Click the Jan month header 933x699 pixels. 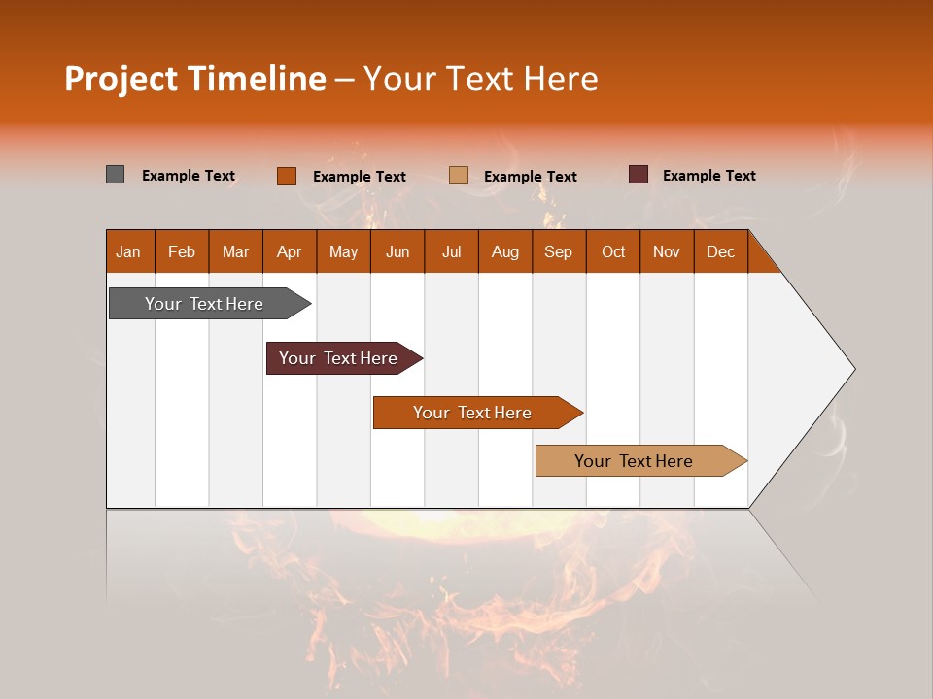(x=128, y=251)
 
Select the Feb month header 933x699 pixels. (x=182, y=251)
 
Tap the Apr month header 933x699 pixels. (x=290, y=251)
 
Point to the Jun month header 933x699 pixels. (x=397, y=251)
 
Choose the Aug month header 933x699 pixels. (x=505, y=251)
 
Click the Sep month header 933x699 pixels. (x=559, y=251)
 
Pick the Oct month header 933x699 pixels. (x=613, y=251)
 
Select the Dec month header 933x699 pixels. (x=721, y=251)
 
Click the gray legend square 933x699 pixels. (x=115, y=175)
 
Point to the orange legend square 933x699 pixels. (x=286, y=176)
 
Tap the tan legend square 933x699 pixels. (x=459, y=176)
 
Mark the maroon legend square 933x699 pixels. (x=638, y=175)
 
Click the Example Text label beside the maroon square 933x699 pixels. (x=708, y=176)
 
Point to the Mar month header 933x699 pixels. (x=235, y=251)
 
